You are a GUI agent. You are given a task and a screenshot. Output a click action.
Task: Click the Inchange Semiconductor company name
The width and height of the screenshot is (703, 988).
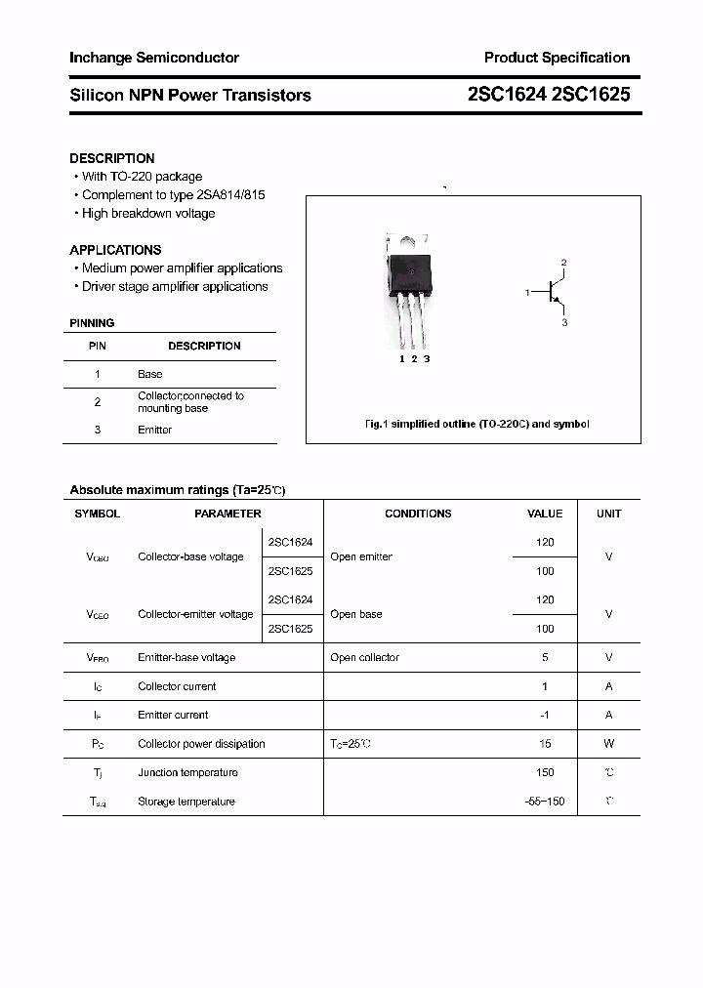pyautogui.click(x=153, y=58)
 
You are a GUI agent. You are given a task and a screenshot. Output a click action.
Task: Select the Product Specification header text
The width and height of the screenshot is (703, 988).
pyautogui.click(x=557, y=58)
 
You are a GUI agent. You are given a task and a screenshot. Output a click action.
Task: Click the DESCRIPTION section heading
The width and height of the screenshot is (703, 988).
pyautogui.click(x=111, y=158)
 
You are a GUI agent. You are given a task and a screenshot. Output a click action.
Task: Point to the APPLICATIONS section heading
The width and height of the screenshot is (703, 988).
pyautogui.click(x=115, y=250)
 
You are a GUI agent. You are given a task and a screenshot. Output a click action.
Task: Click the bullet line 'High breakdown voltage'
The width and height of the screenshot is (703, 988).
pyautogui.click(x=147, y=214)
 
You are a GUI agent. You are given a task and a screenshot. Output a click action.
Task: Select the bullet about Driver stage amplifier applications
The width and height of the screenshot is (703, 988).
pyautogui.click(x=174, y=287)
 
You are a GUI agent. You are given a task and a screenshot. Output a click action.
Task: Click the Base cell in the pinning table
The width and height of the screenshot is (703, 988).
pyautogui.click(x=149, y=374)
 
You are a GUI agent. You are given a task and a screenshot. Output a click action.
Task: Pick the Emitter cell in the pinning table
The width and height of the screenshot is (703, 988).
pyautogui.click(x=154, y=430)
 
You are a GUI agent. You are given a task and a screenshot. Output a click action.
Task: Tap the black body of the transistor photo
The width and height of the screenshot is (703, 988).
pyautogui.click(x=410, y=272)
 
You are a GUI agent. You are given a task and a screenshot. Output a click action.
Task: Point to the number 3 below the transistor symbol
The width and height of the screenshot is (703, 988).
pyautogui.click(x=564, y=322)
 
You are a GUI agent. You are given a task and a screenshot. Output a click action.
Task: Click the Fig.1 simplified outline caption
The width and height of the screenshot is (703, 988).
pyautogui.click(x=476, y=425)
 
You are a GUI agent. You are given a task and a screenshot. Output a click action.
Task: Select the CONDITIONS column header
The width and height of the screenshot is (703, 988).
pyautogui.click(x=418, y=514)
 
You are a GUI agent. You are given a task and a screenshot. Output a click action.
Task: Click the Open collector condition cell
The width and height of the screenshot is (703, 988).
pyautogui.click(x=364, y=658)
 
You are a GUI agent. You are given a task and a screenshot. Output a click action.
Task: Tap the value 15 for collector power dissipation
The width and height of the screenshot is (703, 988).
pyautogui.click(x=545, y=744)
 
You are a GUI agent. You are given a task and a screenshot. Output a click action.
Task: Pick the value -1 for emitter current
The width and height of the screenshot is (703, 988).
pyautogui.click(x=545, y=716)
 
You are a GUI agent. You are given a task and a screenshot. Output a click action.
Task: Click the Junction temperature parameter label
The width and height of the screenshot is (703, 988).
pyautogui.click(x=187, y=773)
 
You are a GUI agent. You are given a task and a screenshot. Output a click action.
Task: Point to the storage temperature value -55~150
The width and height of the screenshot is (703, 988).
pyautogui.click(x=544, y=802)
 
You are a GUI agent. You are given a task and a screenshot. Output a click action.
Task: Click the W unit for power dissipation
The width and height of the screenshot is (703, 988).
pyautogui.click(x=608, y=744)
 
